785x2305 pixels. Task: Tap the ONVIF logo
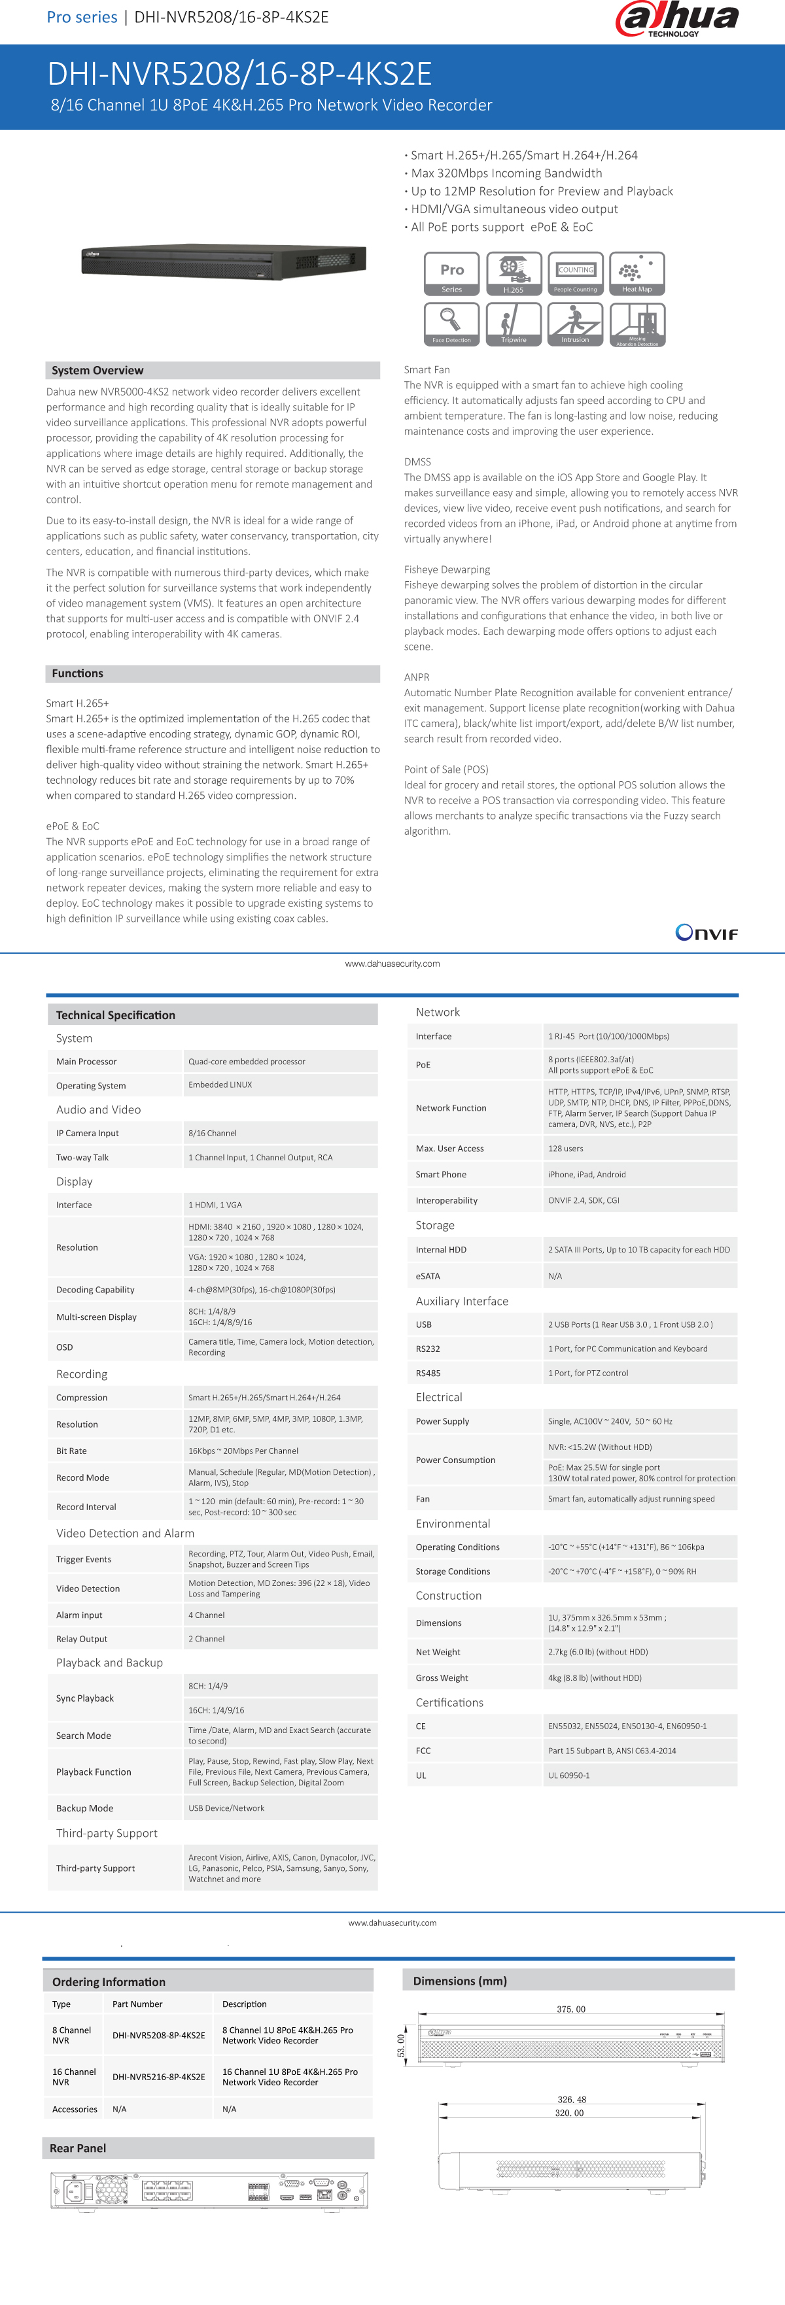click(706, 932)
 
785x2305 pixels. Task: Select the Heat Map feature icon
click(637, 273)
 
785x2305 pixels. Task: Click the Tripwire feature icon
click(514, 323)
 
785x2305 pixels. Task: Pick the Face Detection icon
click(451, 323)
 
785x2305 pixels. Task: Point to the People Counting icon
click(574, 273)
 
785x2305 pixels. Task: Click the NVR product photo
click(224, 260)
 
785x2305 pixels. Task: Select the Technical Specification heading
click(116, 1015)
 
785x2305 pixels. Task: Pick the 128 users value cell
click(566, 1148)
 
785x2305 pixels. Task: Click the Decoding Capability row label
click(96, 1289)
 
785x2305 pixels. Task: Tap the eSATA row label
click(428, 1276)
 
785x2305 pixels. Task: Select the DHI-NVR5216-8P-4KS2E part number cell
click(158, 2077)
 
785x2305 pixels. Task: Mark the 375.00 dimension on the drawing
click(571, 2009)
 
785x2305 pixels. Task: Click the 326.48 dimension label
click(572, 2099)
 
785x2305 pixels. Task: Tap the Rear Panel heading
click(78, 2147)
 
